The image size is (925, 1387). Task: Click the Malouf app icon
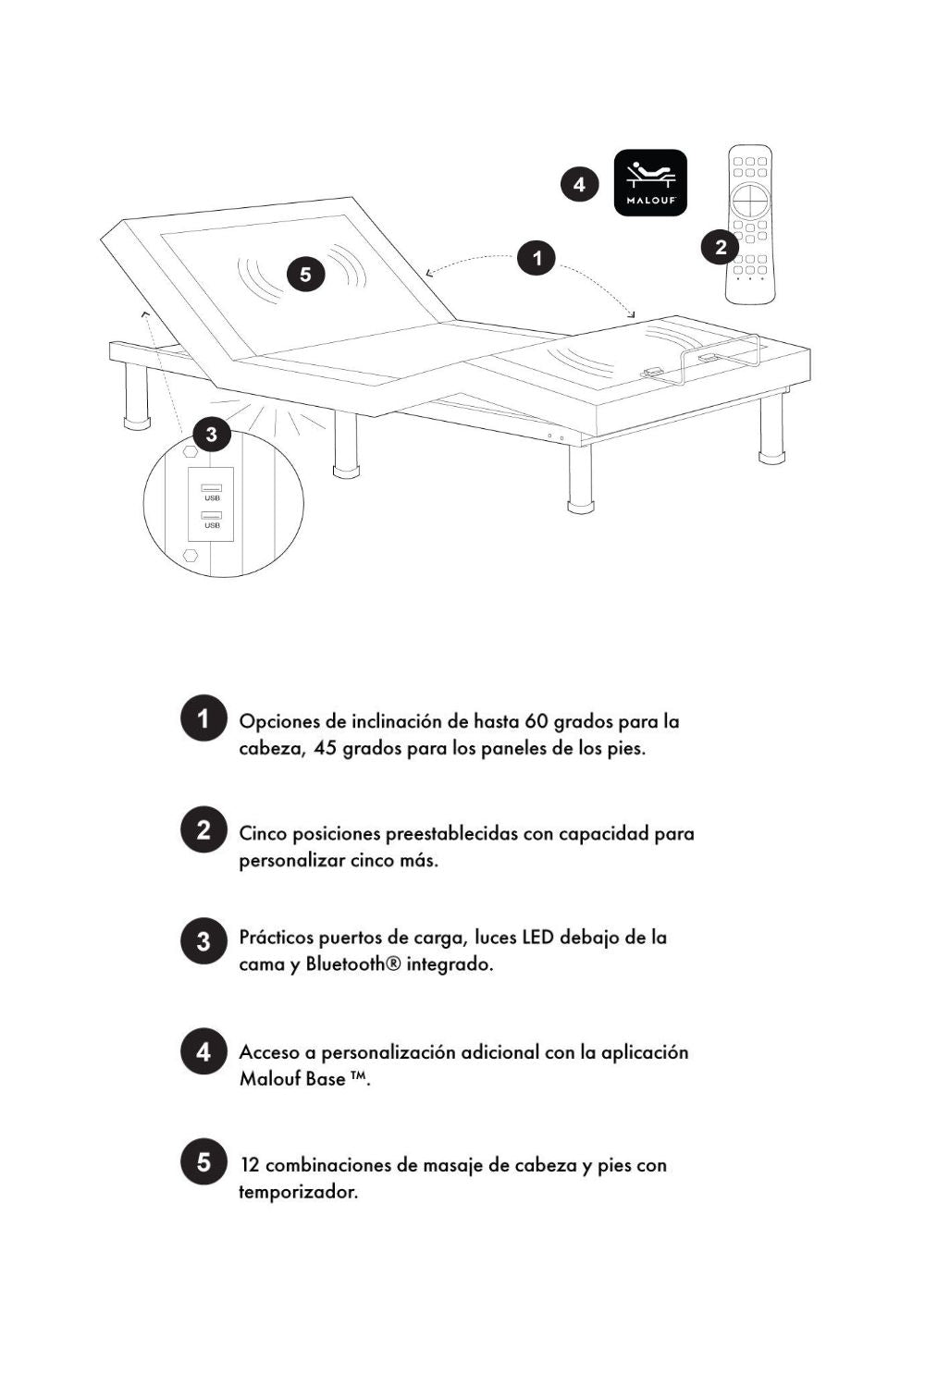click(650, 183)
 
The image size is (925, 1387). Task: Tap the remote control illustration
click(749, 224)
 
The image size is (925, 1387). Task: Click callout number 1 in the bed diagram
click(536, 258)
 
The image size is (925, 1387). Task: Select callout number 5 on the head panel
click(305, 274)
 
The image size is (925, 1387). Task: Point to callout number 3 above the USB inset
click(211, 434)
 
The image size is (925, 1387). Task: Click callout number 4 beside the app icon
click(579, 184)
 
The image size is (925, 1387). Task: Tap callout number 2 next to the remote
click(720, 247)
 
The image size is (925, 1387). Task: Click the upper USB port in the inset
click(212, 487)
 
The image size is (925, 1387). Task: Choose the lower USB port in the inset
click(212, 515)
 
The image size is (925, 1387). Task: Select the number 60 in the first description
click(536, 721)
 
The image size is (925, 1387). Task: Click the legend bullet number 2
click(203, 829)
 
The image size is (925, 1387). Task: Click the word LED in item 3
click(537, 938)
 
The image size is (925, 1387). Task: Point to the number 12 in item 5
click(249, 1165)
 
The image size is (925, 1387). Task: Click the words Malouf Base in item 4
click(292, 1079)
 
